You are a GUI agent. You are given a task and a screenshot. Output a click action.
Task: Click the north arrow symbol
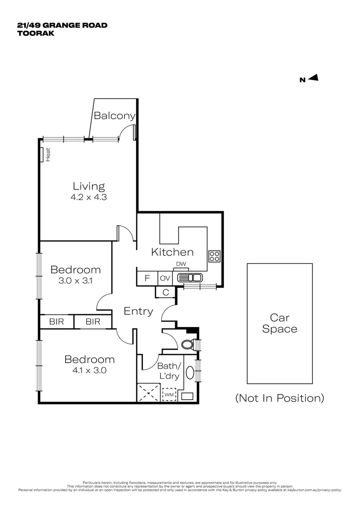tap(313, 78)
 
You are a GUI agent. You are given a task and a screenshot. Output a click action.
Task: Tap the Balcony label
tap(115, 115)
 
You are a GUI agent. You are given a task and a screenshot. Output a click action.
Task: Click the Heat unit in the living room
tap(42, 155)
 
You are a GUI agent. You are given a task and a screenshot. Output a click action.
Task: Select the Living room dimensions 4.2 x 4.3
tap(89, 197)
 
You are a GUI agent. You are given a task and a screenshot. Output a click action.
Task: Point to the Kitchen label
tap(172, 252)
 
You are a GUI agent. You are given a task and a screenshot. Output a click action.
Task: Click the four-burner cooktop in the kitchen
tap(215, 256)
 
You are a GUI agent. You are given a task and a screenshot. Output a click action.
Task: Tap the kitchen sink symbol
tap(189, 278)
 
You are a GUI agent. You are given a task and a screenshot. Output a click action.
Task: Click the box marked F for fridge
tap(147, 278)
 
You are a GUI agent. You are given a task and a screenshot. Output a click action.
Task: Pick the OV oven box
tap(164, 278)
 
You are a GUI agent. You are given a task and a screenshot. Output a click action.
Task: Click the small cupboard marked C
tap(165, 292)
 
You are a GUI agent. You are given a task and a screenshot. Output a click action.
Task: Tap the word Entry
tap(138, 311)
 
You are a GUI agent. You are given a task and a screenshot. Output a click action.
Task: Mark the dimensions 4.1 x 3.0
tap(90, 370)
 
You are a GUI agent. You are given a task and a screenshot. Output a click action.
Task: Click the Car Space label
tap(279, 323)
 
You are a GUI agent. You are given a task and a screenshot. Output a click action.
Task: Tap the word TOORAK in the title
tap(36, 33)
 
